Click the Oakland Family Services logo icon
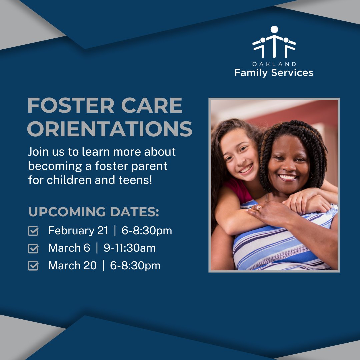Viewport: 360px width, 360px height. (274, 42)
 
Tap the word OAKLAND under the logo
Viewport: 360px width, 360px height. (274, 64)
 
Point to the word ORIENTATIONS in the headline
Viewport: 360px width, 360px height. (110, 129)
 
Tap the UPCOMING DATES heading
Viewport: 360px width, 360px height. (94, 212)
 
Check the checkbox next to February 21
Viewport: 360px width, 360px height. (33, 231)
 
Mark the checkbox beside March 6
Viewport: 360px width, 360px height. (33, 248)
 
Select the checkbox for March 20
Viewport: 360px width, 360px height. (33, 266)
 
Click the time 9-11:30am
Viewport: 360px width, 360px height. (130, 248)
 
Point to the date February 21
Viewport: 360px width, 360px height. (78, 231)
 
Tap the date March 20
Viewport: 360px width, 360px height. (72, 266)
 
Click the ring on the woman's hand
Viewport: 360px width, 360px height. (258, 208)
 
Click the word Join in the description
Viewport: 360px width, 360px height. (38, 152)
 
